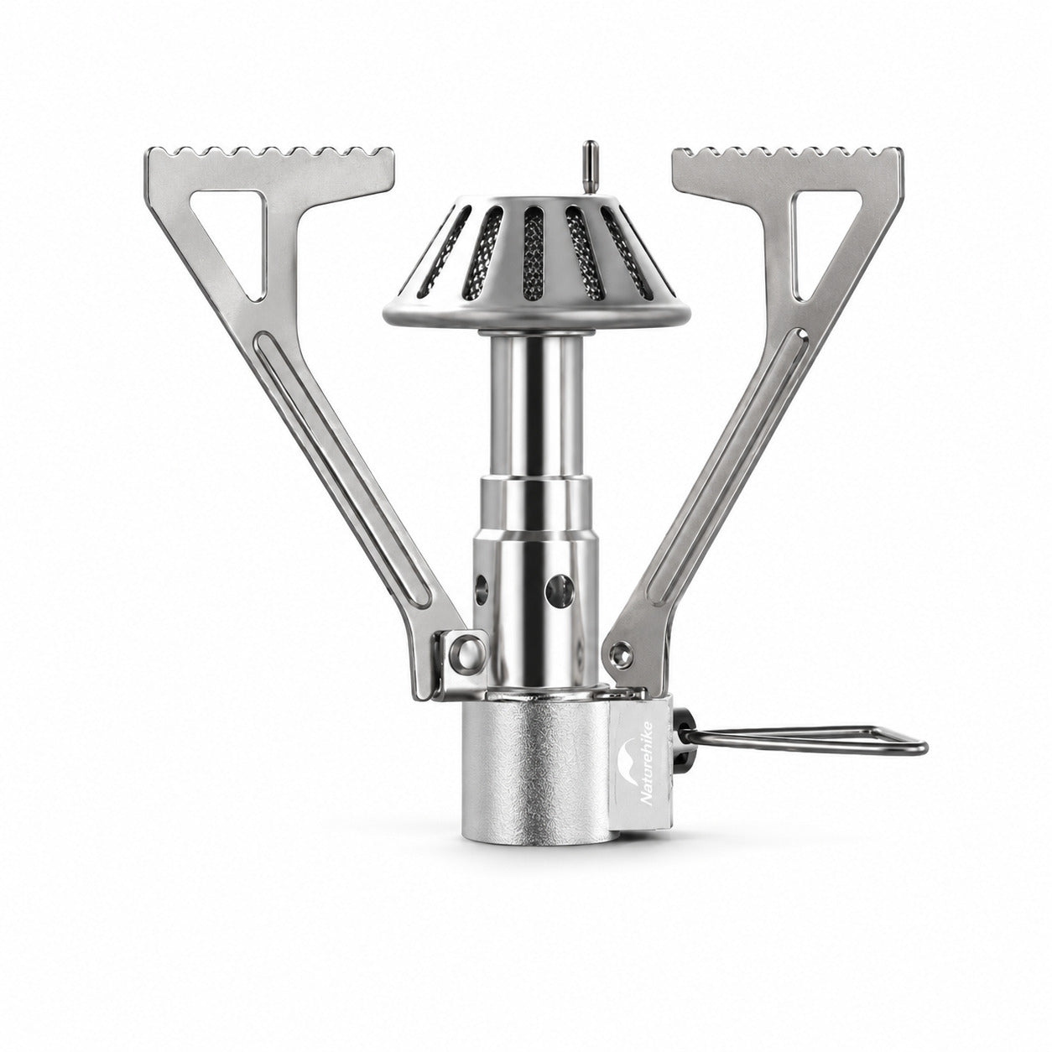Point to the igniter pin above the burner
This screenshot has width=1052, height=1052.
pyautogui.click(x=591, y=168)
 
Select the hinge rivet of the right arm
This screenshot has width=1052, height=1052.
pyautogui.click(x=622, y=652)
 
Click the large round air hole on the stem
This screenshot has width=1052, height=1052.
pyautogui.click(x=559, y=588)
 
